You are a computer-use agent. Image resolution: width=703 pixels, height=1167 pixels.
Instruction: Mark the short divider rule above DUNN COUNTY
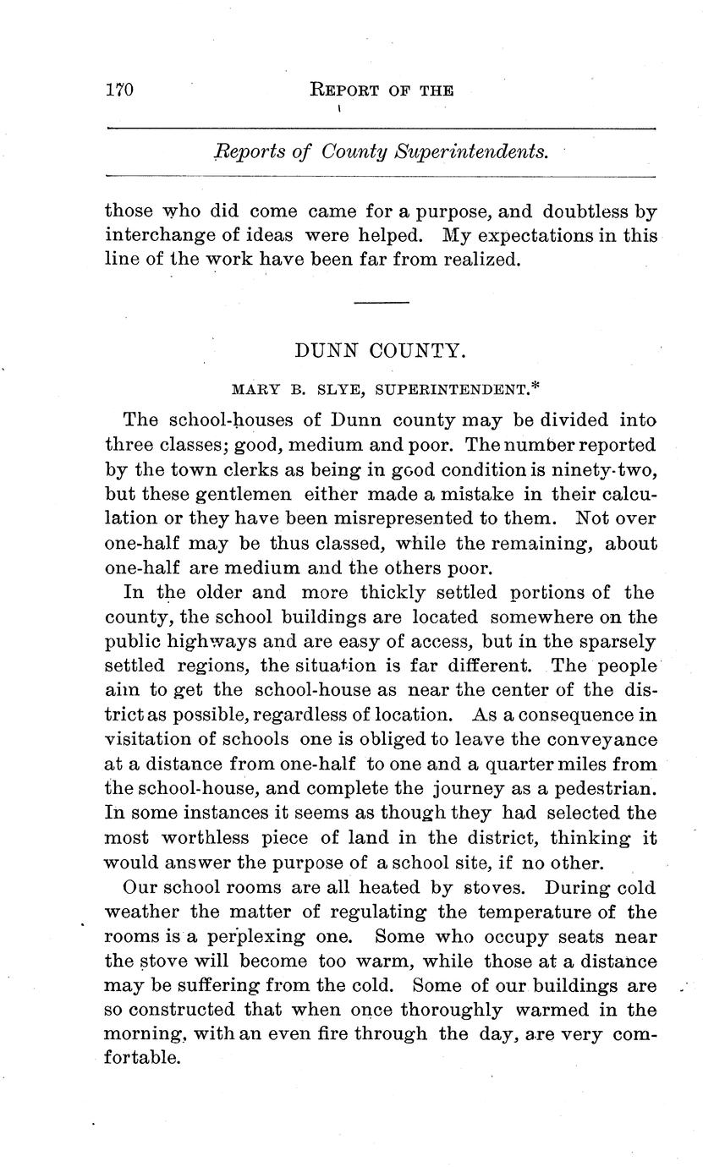point(381,303)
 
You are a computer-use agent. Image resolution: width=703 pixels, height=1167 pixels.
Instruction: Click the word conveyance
point(601,740)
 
